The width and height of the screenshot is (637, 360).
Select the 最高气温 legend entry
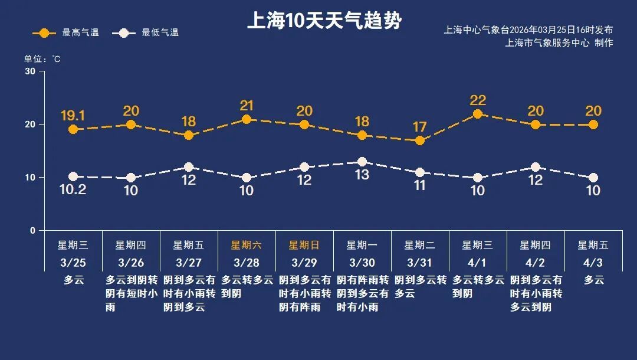click(65, 32)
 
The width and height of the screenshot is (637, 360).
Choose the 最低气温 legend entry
click(148, 32)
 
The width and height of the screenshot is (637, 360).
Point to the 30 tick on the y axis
click(30, 71)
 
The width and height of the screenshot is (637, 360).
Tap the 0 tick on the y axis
click(33, 231)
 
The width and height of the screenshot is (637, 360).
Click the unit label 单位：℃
click(42, 59)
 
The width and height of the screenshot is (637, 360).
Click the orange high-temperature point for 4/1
click(478, 114)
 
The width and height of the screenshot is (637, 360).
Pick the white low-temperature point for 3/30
click(362, 162)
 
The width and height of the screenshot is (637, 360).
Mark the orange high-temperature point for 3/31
click(420, 140)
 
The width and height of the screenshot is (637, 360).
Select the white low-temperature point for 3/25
click(73, 176)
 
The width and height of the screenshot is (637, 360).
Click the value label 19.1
click(73, 116)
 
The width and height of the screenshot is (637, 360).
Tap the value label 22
click(478, 100)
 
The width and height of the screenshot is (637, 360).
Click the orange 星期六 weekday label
click(247, 245)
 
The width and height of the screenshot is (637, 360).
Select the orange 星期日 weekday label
click(304, 245)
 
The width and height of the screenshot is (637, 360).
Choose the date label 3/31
click(420, 262)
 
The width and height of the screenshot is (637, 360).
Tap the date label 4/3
click(593, 262)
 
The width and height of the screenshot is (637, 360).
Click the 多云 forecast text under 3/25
click(73, 280)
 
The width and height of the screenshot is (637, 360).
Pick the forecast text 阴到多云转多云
click(420, 286)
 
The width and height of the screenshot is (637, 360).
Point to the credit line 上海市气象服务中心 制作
click(559, 43)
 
